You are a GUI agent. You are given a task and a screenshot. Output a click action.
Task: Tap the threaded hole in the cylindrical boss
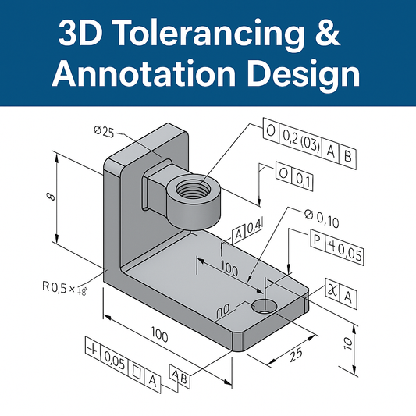191,190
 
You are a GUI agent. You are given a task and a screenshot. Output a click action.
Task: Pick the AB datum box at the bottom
179,375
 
